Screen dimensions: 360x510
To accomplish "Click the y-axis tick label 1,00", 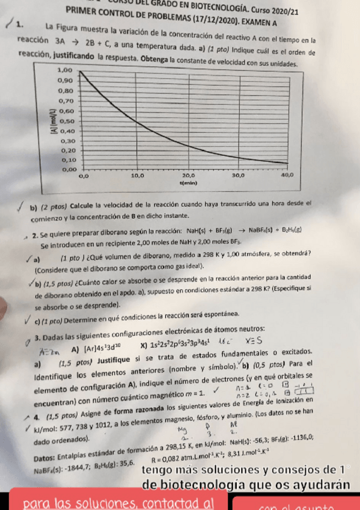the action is pos(64,70).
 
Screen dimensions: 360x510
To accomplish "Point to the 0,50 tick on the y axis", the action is pos(65,120).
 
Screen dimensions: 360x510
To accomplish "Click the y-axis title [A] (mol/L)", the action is pos(52,120).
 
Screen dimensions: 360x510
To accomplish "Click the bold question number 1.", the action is pos(20,26).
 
